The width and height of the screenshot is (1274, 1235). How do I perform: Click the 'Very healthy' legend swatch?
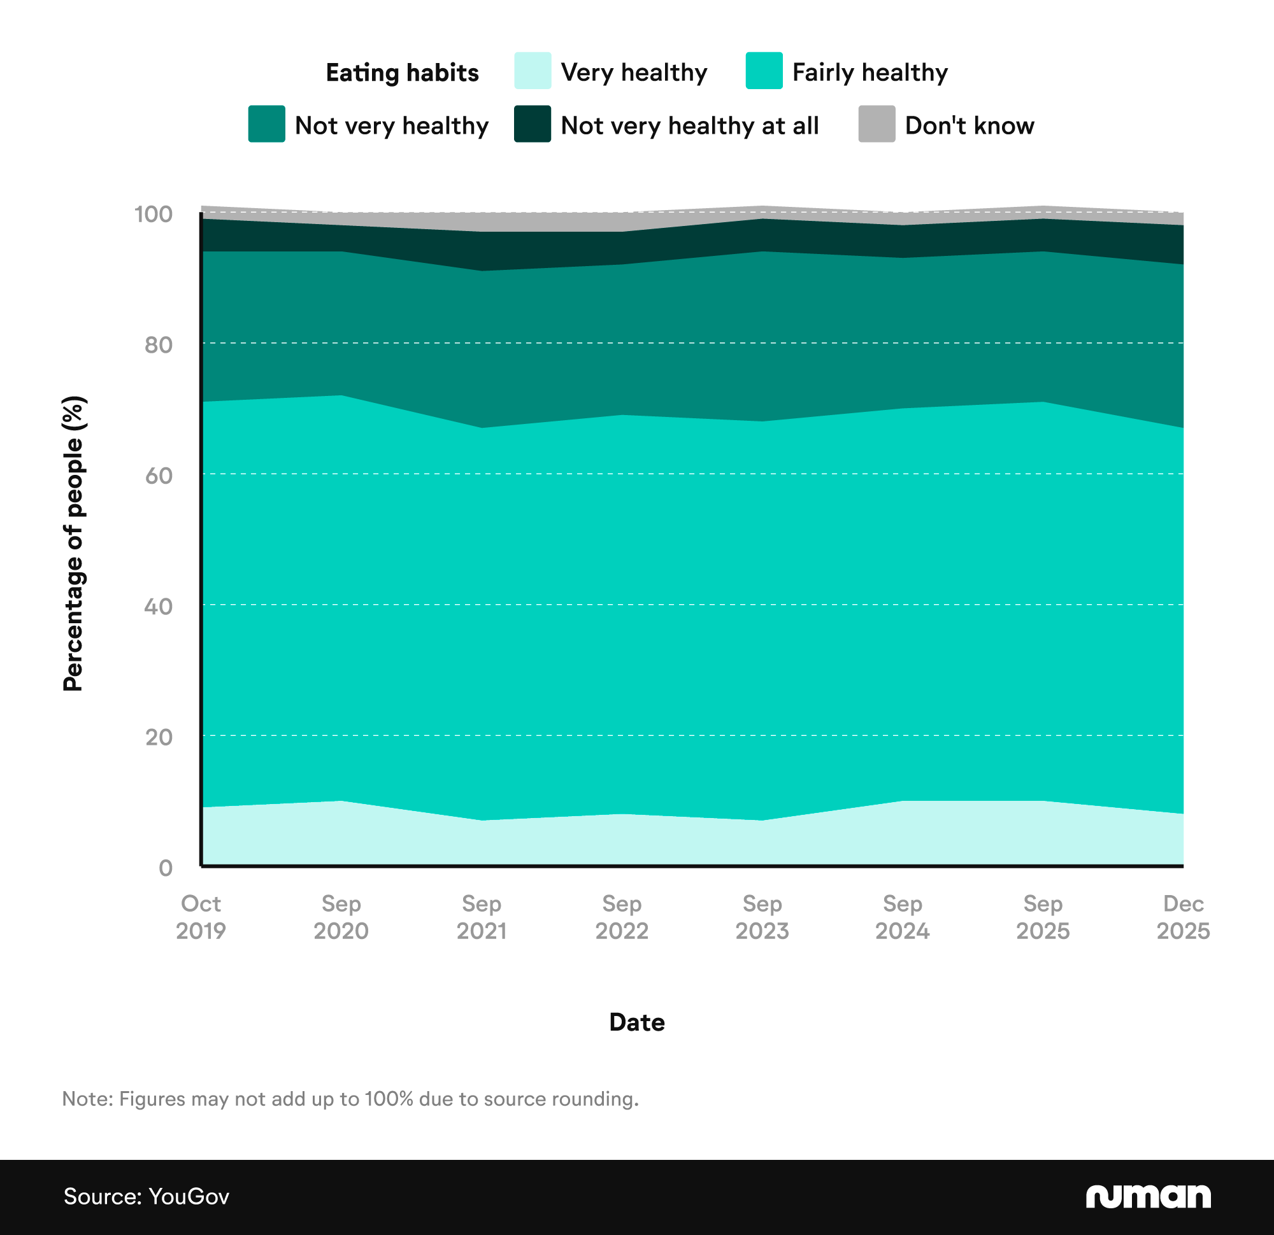point(533,71)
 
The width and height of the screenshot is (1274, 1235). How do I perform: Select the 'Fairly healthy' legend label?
point(870,72)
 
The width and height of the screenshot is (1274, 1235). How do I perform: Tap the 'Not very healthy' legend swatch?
point(266,124)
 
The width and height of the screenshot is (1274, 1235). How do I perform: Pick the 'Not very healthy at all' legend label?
point(689,125)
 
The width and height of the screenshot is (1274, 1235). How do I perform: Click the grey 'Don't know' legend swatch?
point(877,124)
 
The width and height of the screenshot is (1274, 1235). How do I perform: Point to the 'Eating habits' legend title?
point(402,73)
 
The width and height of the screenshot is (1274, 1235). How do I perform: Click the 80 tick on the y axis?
point(159,345)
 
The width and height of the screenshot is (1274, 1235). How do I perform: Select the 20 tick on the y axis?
point(159,737)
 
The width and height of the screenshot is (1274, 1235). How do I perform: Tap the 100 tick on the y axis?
point(154,215)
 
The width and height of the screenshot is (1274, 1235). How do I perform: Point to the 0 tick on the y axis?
point(166,868)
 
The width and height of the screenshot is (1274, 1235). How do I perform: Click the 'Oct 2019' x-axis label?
point(201,917)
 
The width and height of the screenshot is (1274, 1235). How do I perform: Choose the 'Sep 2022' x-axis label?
point(622,917)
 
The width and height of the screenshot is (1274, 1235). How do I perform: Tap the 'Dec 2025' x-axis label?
point(1182,917)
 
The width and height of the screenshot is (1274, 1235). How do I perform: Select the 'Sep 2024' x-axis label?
point(901,917)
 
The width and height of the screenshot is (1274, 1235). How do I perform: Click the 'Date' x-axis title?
point(636,1022)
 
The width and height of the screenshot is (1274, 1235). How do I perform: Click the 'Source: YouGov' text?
point(147,1197)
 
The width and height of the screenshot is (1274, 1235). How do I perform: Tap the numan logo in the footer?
point(1147,1196)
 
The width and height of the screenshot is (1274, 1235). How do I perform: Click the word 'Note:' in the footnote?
point(87,1099)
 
